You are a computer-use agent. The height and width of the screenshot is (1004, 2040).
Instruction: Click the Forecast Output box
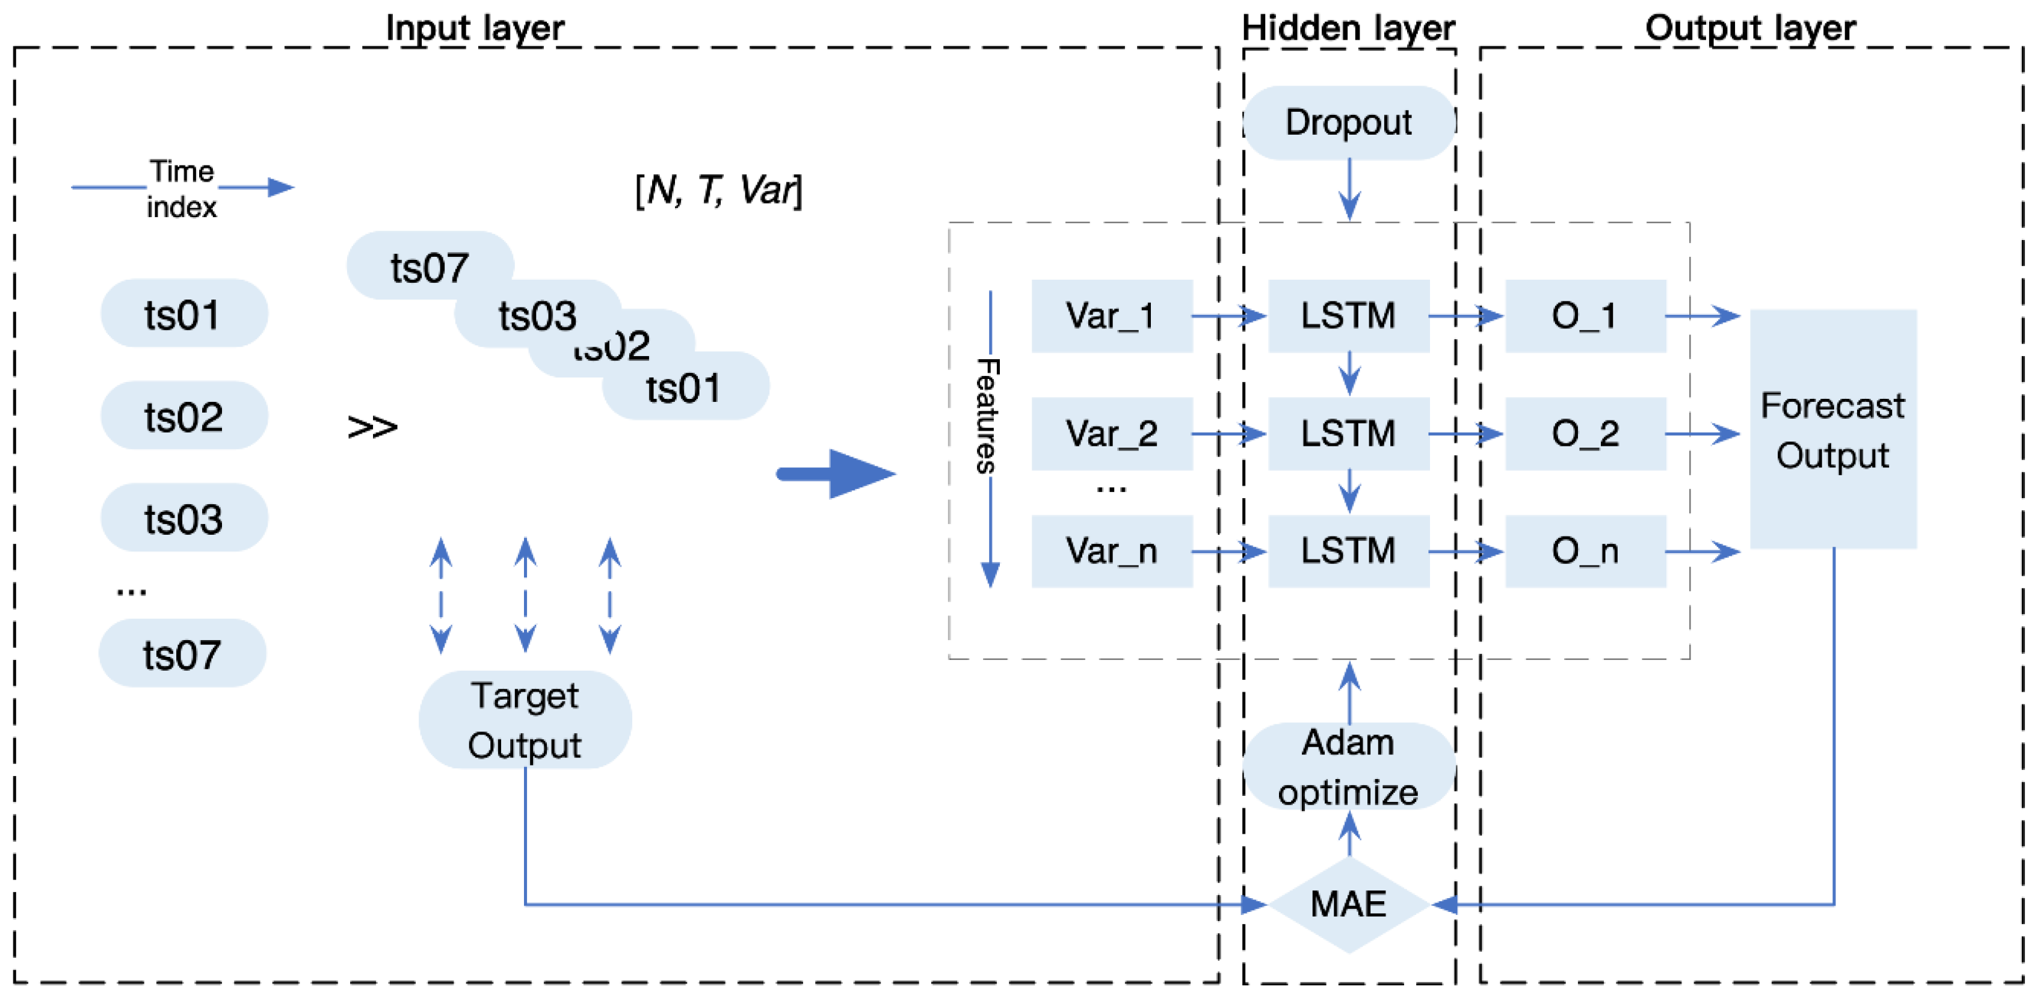[x=1832, y=429]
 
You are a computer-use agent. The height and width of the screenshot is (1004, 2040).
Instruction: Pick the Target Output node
[x=524, y=719]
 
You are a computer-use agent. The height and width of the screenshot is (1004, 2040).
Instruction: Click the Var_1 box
[x=1111, y=315]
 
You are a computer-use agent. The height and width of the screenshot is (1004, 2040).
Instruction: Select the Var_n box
[x=1111, y=550]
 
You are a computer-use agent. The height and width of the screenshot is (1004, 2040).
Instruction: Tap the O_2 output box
[x=1585, y=433]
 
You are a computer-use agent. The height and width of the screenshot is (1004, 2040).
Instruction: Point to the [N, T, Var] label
[x=718, y=190]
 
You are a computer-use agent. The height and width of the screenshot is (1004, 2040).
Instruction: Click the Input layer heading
[x=475, y=28]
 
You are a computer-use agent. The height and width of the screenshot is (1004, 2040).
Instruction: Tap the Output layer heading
[x=1750, y=28]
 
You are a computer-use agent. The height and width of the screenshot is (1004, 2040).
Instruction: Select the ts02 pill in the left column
[x=183, y=416]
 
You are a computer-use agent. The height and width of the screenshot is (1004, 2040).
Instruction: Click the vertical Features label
[x=987, y=416]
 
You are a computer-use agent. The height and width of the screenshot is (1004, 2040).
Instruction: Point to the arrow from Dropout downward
[x=1349, y=190]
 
